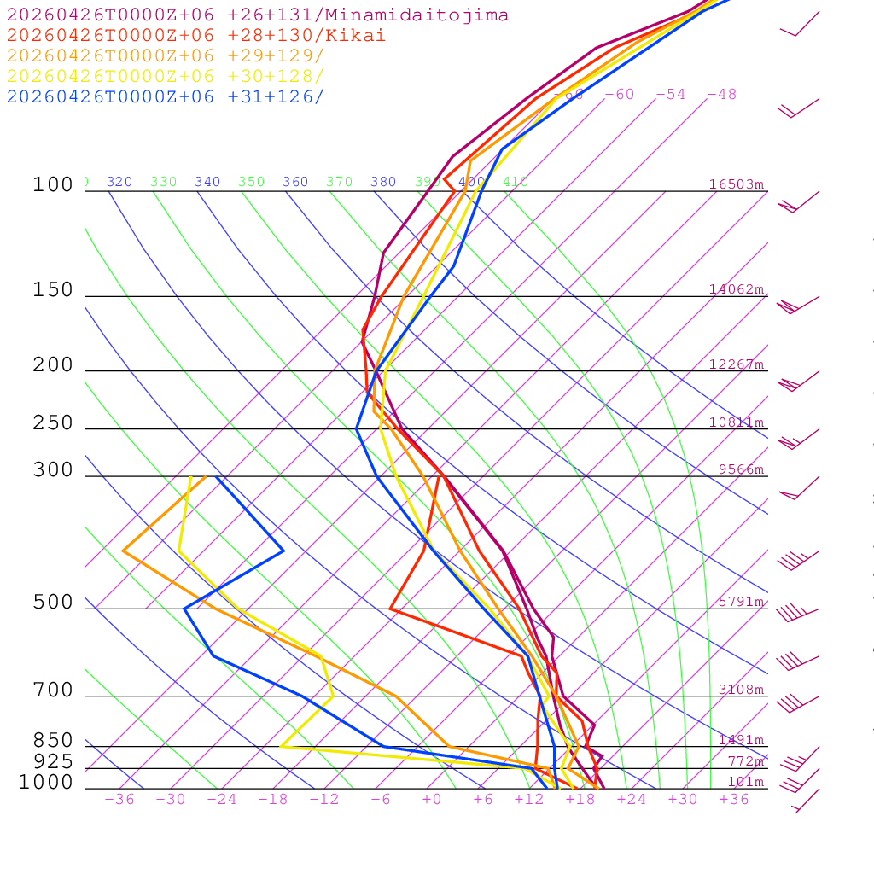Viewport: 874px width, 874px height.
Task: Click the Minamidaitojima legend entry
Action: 258,15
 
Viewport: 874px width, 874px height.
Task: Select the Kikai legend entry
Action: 196,36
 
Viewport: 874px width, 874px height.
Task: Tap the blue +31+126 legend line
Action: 166,96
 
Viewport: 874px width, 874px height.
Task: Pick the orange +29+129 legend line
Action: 166,56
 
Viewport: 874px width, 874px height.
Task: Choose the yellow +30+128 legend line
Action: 166,76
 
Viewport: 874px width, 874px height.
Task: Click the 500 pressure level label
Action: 53,603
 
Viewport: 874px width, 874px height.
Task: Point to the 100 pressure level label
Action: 53,185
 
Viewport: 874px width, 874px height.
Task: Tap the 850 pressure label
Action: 53,741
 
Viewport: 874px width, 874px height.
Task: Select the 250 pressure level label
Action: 53,423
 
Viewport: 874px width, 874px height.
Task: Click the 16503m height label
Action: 737,184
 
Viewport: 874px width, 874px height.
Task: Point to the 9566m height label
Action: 741,469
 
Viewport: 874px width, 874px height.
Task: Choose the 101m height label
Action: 745,782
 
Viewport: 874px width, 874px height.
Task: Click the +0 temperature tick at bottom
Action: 432,799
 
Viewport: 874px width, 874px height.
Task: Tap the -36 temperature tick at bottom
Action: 119,799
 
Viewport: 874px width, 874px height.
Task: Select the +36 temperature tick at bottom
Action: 734,799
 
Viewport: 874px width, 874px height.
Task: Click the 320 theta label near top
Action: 119,182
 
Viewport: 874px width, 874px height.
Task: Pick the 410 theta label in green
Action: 516,182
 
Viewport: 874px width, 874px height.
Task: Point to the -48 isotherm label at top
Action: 721,94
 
